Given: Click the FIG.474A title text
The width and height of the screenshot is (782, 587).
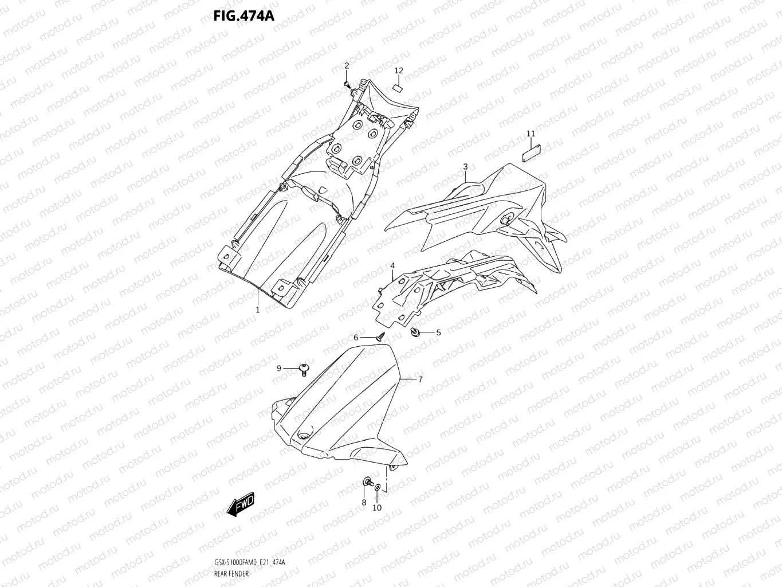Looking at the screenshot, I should click(244, 15).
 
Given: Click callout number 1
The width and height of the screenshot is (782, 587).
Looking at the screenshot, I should click(258, 310).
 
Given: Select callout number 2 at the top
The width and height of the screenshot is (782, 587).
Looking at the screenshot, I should click(346, 66).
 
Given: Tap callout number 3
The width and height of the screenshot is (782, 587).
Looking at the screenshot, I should click(465, 167).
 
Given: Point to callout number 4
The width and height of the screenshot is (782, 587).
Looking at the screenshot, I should click(392, 266).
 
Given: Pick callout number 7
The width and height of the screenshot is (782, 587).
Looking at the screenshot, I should click(420, 379).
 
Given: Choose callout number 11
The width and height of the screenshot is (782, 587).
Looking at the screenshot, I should click(530, 134).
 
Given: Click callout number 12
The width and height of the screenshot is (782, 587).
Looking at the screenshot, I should click(399, 71).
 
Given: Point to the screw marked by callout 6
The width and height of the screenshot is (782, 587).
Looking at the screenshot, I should click(379, 338).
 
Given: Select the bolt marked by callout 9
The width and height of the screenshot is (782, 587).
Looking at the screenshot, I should click(304, 369).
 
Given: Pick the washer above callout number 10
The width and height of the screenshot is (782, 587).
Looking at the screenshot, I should click(378, 487).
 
